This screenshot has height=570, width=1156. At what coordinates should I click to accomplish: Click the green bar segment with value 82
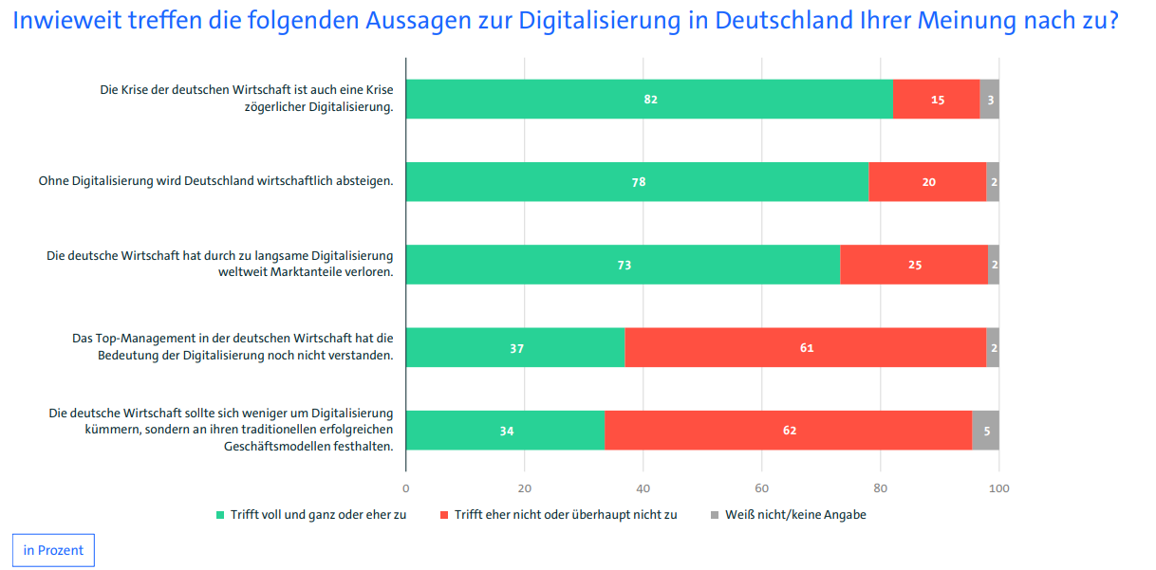tap(649, 99)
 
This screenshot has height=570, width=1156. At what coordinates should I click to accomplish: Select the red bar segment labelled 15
tap(936, 99)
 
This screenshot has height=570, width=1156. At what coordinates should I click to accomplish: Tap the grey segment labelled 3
tap(989, 99)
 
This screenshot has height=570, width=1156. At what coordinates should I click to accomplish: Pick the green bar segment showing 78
tap(638, 181)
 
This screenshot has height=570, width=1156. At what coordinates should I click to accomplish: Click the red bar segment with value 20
tap(927, 181)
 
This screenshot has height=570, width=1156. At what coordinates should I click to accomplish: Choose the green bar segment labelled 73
tap(623, 265)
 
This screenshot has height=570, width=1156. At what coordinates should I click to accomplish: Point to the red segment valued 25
tap(914, 265)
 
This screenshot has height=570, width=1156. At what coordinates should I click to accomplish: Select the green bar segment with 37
tap(515, 347)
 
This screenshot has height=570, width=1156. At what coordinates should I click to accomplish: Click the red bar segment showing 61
tap(805, 347)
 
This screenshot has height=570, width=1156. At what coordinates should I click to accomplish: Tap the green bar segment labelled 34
tap(506, 431)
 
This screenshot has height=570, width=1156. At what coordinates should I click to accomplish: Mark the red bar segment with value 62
tap(788, 431)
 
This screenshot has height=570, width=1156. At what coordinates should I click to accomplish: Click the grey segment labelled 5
tap(986, 431)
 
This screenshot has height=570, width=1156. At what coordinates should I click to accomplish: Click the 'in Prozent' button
tap(53, 550)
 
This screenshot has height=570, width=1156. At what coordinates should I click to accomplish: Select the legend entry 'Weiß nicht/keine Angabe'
tap(795, 515)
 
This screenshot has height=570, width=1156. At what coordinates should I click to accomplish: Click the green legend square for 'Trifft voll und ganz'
tap(221, 515)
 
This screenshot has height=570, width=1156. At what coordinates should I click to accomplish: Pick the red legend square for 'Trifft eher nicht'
tap(443, 515)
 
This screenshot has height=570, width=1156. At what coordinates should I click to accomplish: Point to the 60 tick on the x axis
tap(761, 488)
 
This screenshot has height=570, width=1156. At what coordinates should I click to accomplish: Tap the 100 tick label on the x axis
tap(998, 488)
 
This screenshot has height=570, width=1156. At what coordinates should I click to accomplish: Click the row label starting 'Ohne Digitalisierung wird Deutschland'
tap(215, 180)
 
